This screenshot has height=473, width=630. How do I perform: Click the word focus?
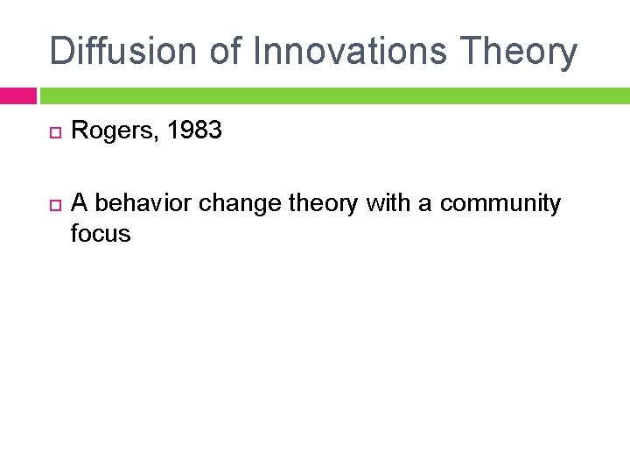point(101,234)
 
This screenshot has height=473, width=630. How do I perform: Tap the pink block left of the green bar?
point(17,95)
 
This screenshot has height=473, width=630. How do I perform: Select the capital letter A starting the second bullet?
point(80,203)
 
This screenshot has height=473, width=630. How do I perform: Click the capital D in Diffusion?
point(62,51)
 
